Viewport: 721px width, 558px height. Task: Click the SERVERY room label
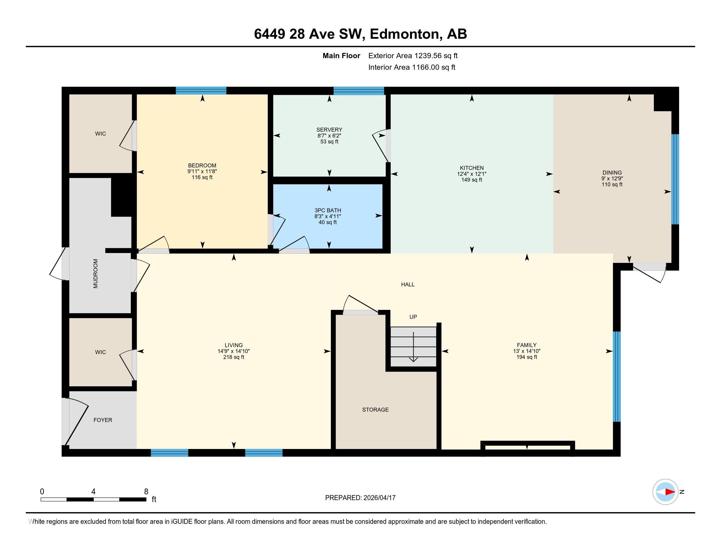coord(329,130)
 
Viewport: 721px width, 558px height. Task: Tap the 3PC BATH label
coord(327,210)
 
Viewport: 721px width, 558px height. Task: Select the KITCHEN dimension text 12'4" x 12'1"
coord(471,174)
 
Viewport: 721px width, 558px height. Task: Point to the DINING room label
coord(612,173)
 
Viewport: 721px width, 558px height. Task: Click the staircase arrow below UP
coord(413,347)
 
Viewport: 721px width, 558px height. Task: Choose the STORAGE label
coord(375,410)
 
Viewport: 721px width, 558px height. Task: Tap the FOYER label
coord(103,420)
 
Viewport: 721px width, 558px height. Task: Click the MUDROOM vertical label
coord(96,273)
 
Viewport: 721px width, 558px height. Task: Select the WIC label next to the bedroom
coord(100,134)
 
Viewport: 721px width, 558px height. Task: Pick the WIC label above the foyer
coord(100,352)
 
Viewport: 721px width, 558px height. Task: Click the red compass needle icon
coord(670,492)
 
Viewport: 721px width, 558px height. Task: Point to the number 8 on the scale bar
coord(146,492)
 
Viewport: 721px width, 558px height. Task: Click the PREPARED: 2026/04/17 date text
coord(360,498)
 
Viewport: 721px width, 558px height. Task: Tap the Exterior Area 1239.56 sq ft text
coord(413,55)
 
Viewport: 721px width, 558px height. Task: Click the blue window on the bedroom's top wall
coord(201,90)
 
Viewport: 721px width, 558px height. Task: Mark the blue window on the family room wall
coord(616,376)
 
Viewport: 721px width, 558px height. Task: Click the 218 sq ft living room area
coord(233,357)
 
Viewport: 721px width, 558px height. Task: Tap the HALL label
coord(408,284)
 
